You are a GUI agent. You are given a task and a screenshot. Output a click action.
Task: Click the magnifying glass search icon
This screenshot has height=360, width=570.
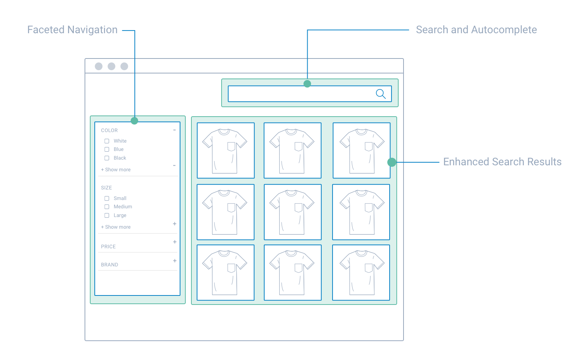381,94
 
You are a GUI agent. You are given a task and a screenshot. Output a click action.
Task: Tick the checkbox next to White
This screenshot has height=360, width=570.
107,141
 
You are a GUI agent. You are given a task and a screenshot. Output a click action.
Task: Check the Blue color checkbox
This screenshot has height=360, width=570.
107,149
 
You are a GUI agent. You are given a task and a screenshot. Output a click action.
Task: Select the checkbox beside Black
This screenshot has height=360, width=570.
107,158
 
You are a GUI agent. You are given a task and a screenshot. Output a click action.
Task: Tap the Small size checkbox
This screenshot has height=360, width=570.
107,198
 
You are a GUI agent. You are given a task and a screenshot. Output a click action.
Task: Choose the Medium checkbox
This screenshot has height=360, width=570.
107,207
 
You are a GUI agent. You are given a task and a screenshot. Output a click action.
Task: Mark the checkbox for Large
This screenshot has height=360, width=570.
107,215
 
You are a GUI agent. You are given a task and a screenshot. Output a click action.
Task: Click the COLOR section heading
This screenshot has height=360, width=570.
109,131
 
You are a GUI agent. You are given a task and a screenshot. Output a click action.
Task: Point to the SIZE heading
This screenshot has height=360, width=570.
106,188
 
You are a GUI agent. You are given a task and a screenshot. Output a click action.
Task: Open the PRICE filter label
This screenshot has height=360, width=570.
108,247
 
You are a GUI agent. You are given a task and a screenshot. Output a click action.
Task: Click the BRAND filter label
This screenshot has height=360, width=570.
109,265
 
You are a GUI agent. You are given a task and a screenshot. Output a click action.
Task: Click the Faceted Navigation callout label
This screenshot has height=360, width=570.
72,30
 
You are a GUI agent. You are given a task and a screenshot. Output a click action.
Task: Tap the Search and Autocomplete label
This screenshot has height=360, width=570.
476,30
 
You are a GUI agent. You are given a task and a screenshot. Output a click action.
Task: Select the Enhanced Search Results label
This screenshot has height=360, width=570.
502,162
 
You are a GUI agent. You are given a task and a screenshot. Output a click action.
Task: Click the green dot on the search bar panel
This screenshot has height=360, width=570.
307,84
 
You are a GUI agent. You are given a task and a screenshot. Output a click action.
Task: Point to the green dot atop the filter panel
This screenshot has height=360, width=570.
134,121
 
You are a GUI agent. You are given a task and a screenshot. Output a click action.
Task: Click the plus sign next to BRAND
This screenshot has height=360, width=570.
175,261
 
